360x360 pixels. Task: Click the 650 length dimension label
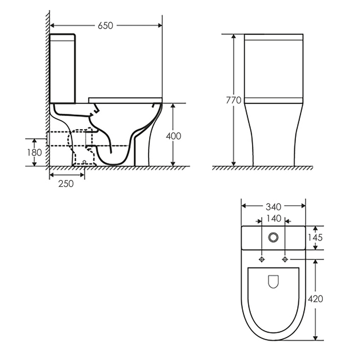point(105,26)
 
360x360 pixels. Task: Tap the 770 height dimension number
point(234,101)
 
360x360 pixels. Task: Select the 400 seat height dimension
point(174,136)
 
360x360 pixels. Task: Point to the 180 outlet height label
point(34,153)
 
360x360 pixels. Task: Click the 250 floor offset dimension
point(66,183)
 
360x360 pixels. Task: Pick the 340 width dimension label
point(274,207)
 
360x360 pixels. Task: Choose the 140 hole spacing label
point(274,218)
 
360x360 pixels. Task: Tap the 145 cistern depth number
point(315,238)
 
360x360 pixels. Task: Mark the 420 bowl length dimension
point(315,299)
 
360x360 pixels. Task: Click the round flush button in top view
point(273,237)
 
